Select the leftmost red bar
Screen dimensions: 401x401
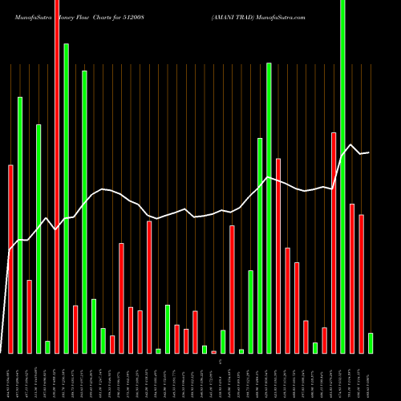point(10,258)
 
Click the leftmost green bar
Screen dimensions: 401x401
point(20,225)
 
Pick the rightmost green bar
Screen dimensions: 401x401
point(371,342)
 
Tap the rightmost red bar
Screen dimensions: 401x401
point(361,283)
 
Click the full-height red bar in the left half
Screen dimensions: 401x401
point(57,176)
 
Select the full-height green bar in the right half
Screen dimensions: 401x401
point(342,176)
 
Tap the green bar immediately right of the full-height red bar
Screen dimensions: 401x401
point(66,198)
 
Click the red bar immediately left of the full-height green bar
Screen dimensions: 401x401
point(334,242)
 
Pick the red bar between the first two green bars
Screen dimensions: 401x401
point(29,316)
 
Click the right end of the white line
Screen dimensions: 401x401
point(369,152)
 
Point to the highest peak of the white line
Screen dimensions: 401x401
point(350,144)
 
